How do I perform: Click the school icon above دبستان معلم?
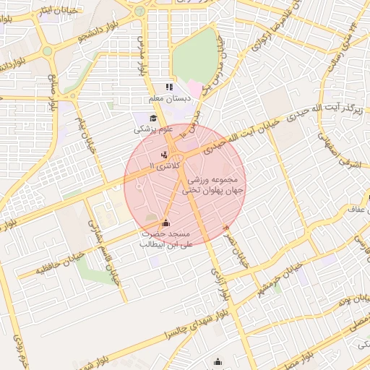[168, 87]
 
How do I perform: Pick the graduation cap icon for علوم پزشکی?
[152, 119]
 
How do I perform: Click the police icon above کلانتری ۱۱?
[164, 154]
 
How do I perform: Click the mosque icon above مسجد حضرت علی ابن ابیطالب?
[167, 223]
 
